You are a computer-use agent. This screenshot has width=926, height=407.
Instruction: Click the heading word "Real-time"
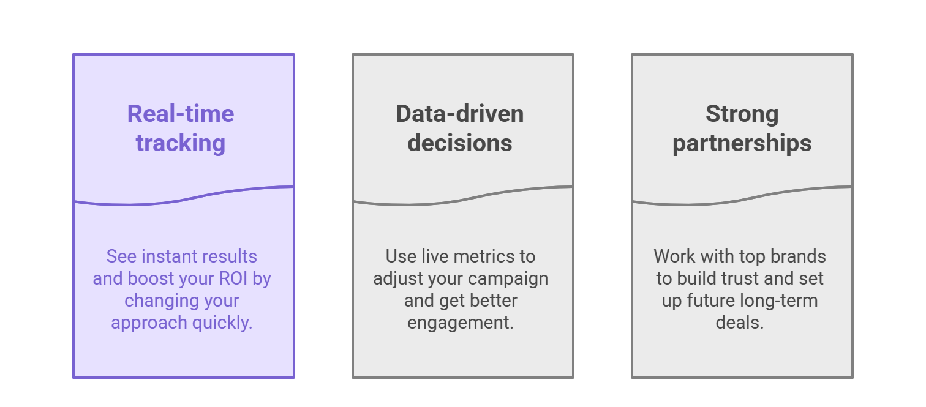(181, 114)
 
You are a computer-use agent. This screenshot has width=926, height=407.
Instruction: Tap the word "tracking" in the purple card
(181, 143)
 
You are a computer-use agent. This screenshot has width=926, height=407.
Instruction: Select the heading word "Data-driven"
(460, 114)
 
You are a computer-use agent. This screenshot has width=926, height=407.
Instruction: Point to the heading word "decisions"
(460, 143)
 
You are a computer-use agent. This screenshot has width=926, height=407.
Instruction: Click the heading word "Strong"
(742, 114)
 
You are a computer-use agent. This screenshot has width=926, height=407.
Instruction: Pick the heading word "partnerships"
(742, 144)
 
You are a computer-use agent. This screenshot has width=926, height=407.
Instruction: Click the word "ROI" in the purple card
(233, 278)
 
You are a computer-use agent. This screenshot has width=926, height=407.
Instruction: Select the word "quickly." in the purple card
(222, 323)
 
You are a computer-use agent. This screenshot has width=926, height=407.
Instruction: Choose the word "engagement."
(461, 323)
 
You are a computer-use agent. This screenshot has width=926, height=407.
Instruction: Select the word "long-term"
(779, 301)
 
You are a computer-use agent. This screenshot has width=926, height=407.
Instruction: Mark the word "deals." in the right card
(740, 323)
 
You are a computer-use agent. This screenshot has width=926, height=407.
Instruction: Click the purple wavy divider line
(184, 197)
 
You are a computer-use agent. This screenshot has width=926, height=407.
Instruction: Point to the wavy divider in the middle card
(462, 197)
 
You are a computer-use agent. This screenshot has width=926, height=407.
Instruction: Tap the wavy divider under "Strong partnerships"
(742, 197)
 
